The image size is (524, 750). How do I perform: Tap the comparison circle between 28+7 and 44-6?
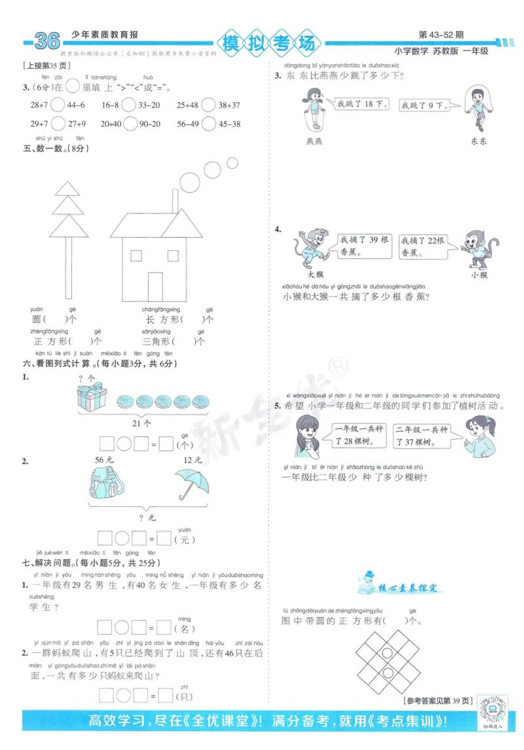[x=57, y=105]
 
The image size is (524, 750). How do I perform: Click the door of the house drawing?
[x=155, y=286]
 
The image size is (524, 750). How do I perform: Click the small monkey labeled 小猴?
[x=479, y=248]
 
